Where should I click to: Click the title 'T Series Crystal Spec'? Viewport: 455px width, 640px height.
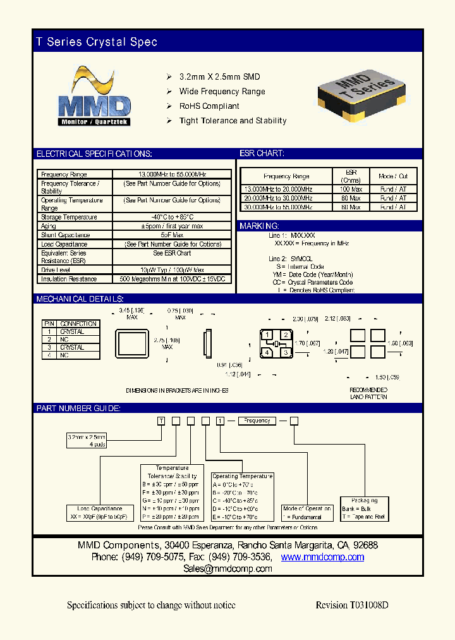[97, 42]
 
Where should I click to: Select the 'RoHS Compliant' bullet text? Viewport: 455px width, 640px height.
[209, 106]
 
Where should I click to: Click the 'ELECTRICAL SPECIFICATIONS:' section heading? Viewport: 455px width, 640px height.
[94, 154]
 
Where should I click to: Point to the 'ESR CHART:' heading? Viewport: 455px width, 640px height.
[262, 154]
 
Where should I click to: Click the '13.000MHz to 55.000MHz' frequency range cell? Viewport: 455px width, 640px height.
[173, 175]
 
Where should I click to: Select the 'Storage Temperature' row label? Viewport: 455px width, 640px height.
[69, 217]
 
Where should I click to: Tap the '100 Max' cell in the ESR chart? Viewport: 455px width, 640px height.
[351, 189]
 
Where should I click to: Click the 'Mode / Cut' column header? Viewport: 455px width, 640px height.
[393, 176]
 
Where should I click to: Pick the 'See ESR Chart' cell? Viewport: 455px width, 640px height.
[173, 253]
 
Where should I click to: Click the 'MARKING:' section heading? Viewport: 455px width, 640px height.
[259, 226]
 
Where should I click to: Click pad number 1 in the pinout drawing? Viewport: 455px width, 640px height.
[268, 335]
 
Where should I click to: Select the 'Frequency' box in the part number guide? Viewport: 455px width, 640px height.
[257, 421]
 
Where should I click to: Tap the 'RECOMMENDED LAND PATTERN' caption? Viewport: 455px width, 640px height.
[368, 393]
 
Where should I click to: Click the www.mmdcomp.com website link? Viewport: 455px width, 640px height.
[322, 557]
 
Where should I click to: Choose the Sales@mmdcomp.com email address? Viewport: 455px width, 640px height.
[227, 569]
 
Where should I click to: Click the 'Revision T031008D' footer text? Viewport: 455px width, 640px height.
[351, 605]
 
